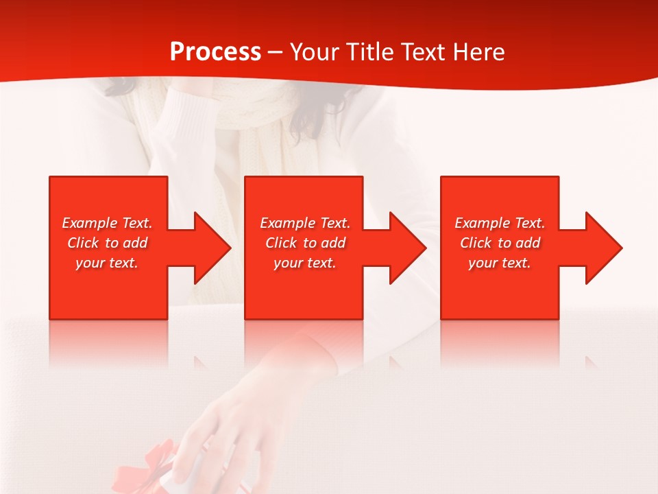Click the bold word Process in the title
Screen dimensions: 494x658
pos(215,52)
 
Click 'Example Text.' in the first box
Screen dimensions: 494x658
pos(107,223)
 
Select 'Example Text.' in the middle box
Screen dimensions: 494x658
pos(305,223)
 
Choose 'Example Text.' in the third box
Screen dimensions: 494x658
pos(500,223)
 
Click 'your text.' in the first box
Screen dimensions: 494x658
pos(107,263)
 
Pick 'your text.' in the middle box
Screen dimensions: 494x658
pos(305,263)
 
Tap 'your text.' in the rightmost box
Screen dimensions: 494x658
pos(500,263)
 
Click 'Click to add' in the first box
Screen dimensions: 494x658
pos(107,243)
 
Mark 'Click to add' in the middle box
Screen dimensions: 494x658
pos(305,243)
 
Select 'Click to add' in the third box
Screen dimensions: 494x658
pos(500,243)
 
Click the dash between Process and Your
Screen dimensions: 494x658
pos(276,53)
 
